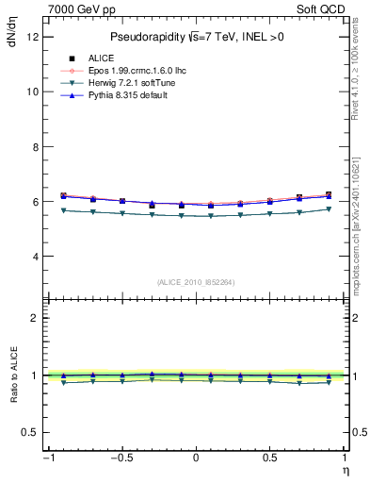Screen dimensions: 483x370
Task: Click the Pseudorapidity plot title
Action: pos(195,36)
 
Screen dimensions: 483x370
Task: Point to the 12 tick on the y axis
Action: pos(33,37)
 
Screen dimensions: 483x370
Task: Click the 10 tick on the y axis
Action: pos(33,92)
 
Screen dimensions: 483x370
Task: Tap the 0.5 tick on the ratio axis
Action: pos(31,432)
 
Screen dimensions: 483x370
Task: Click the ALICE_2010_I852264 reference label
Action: pos(195,282)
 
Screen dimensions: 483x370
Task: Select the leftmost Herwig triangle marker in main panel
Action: pos(63,210)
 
